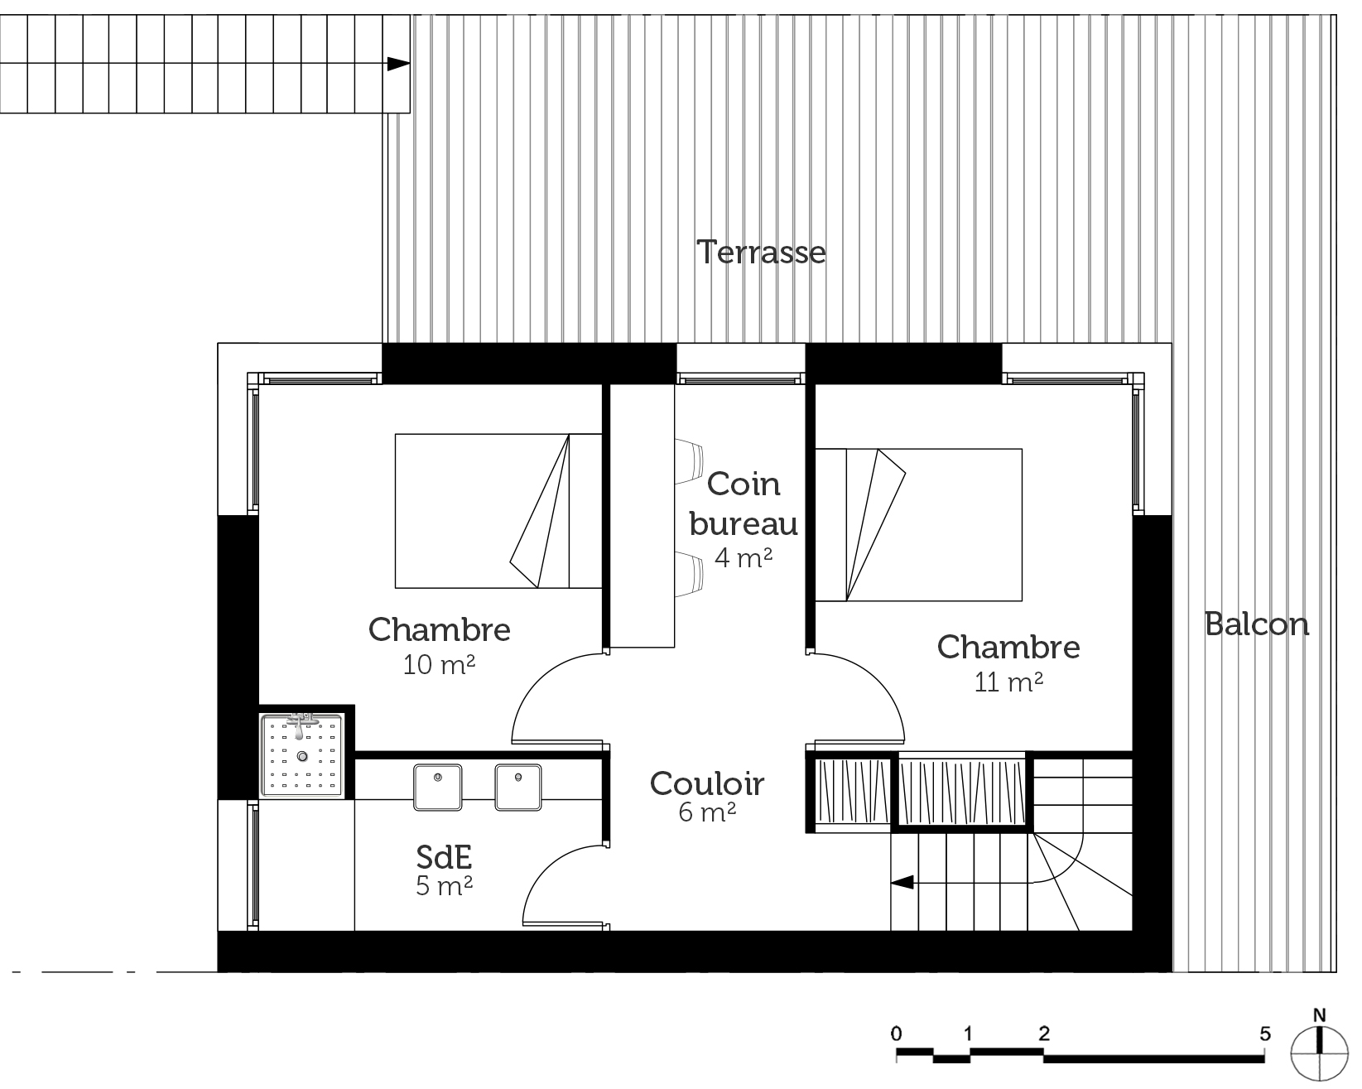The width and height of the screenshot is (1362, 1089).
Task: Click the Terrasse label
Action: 762,252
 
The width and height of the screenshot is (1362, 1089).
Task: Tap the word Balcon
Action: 1256,624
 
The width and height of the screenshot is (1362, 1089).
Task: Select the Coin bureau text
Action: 743,504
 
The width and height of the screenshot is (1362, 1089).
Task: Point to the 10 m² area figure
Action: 439,664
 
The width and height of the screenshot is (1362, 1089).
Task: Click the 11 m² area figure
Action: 1008,682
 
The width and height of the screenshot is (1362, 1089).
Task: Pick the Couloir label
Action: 707,783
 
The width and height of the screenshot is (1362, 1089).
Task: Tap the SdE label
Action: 445,857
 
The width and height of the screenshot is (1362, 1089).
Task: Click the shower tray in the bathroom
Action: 302,754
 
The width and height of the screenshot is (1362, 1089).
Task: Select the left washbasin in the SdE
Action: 437,787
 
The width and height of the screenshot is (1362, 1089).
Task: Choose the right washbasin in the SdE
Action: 518,787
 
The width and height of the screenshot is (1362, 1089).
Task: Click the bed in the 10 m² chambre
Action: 498,511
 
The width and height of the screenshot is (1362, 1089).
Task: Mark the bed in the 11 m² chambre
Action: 918,525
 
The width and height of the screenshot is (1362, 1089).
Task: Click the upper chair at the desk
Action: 689,461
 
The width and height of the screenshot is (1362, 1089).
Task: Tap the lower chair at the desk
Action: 689,574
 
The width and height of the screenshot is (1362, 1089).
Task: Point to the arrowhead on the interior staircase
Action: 902,882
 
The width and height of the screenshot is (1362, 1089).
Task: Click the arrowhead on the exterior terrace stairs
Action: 399,64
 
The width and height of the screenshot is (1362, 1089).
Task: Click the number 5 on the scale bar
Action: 1265,1034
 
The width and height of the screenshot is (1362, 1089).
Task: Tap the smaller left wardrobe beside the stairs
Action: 853,792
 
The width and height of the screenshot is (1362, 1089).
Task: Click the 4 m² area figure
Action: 743,558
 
